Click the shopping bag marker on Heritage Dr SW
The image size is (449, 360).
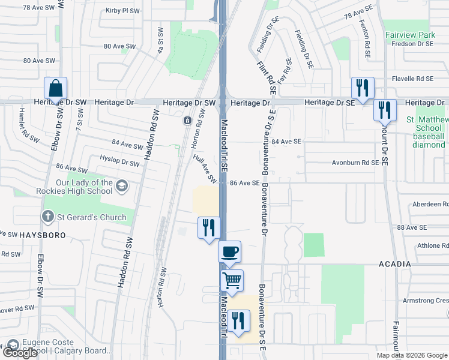pos(55,89)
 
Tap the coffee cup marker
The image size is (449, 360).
pos(229,252)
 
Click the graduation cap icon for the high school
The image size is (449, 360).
pos(122,186)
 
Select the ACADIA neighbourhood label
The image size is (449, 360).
pos(394,265)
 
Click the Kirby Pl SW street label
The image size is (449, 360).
pos(122,11)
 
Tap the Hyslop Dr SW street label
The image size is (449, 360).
pos(119,163)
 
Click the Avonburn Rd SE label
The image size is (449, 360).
pos(355,163)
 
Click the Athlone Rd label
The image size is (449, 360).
pos(429,245)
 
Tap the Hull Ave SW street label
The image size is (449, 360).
pos(205,167)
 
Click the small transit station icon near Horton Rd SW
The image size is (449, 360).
pos(188,121)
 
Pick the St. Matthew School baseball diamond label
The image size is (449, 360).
pos(427,132)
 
